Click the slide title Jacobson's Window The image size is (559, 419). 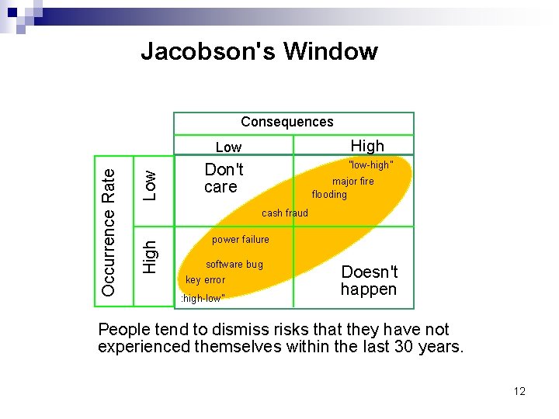click(259, 51)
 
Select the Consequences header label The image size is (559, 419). click(286, 122)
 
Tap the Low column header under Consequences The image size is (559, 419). click(228, 147)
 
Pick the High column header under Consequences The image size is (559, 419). click(367, 146)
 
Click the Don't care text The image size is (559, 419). click(224, 178)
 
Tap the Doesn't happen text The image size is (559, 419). click(369, 281)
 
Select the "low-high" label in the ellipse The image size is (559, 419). click(370, 165)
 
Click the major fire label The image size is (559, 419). click(353, 181)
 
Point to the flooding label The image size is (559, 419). click(329, 194)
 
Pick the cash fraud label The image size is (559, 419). click(284, 213)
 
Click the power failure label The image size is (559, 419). click(240, 240)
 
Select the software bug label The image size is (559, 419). click(234, 265)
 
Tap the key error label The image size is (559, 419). click(205, 280)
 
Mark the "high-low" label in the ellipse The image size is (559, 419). click(203, 299)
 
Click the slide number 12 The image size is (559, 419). click(519, 391)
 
